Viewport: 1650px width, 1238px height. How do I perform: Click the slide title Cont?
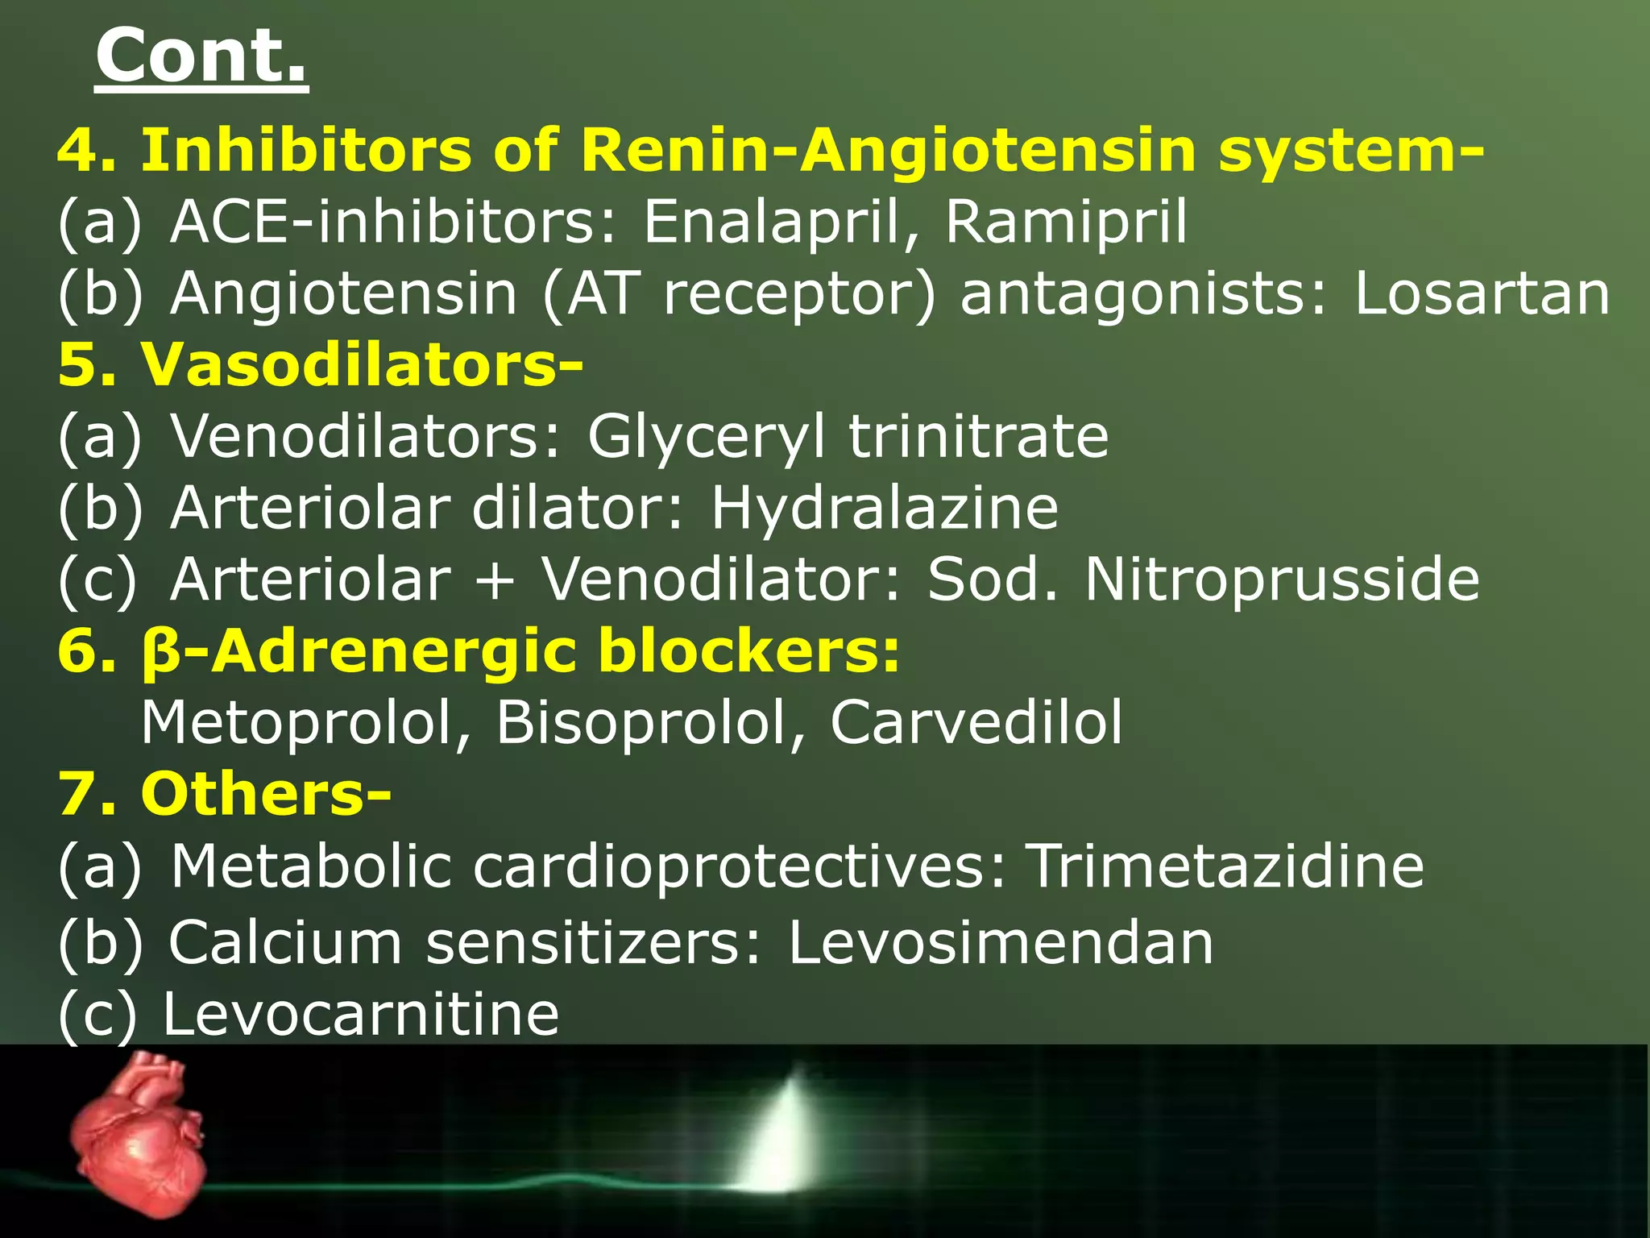201,56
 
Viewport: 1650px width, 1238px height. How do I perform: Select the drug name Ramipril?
1066,222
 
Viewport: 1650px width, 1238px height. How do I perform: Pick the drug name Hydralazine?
884,509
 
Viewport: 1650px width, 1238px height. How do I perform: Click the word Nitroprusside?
1282,580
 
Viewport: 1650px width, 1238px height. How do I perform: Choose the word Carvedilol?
976,722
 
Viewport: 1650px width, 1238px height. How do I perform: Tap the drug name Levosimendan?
1000,942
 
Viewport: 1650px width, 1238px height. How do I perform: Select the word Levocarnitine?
361,1014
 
